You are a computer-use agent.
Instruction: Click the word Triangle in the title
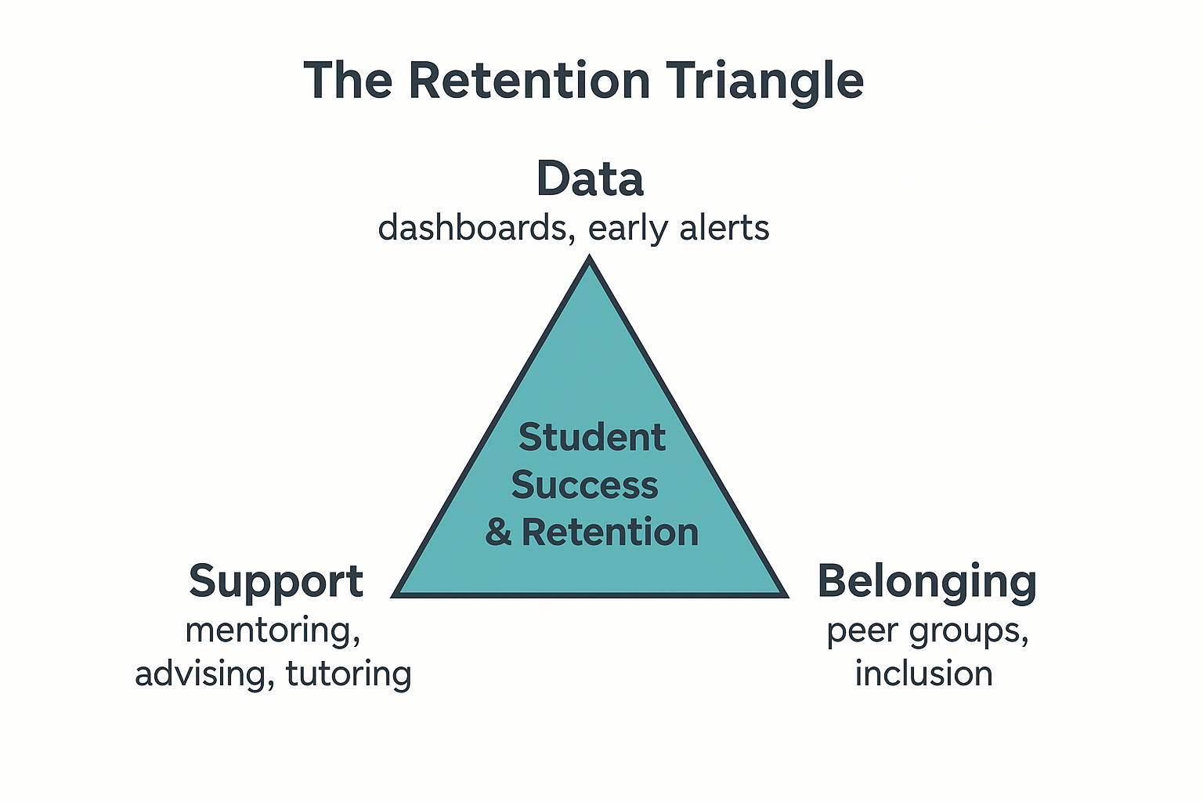[x=765, y=81]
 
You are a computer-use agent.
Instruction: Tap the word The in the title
[x=348, y=80]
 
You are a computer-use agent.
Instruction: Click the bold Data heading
[x=590, y=179]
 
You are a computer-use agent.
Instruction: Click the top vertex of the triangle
[x=590, y=261]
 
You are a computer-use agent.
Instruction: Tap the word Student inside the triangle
[x=592, y=437]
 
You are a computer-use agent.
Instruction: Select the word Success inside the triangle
[x=585, y=485]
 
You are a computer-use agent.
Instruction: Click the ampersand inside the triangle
[x=498, y=533]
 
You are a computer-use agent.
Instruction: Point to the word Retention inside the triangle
[x=610, y=533]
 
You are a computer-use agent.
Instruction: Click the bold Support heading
[x=276, y=582]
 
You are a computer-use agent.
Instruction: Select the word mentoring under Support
[x=273, y=630]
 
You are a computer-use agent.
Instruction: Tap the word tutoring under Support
[x=349, y=674]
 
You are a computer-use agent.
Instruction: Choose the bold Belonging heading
[x=927, y=582]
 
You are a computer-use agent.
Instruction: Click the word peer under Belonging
[x=861, y=631]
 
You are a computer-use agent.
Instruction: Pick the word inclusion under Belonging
[x=923, y=674]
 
